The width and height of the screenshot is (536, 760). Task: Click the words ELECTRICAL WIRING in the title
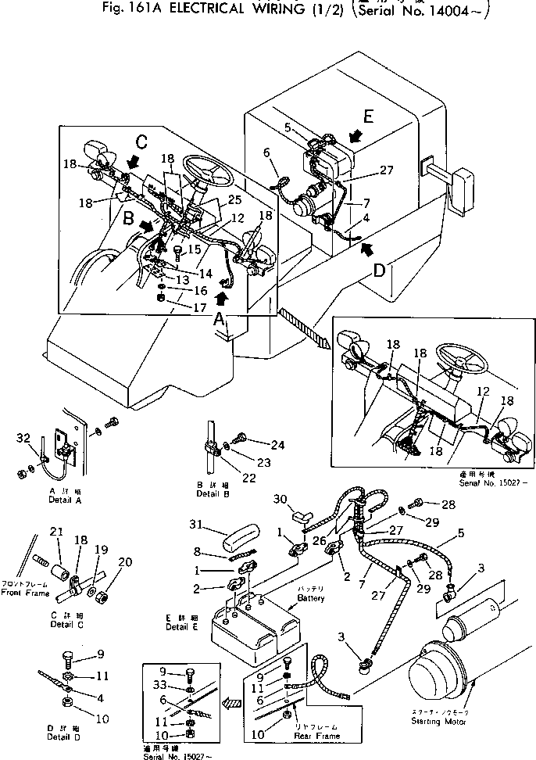pos(239,9)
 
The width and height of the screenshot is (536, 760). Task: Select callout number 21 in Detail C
pos(56,532)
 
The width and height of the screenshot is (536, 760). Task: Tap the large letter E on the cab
pos(368,117)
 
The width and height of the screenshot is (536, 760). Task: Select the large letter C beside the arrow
pos(141,143)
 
